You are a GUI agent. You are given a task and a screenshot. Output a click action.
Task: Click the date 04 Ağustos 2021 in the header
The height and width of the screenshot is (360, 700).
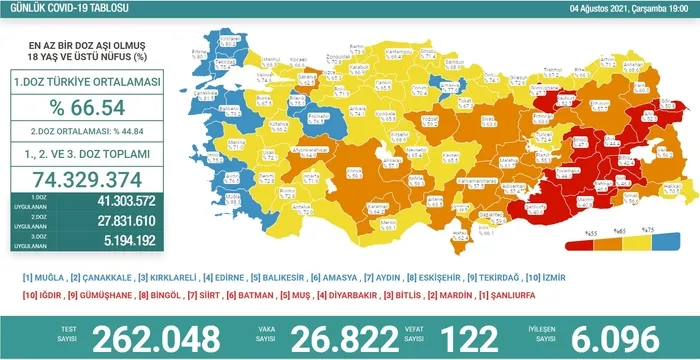pyautogui.click(x=591, y=9)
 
